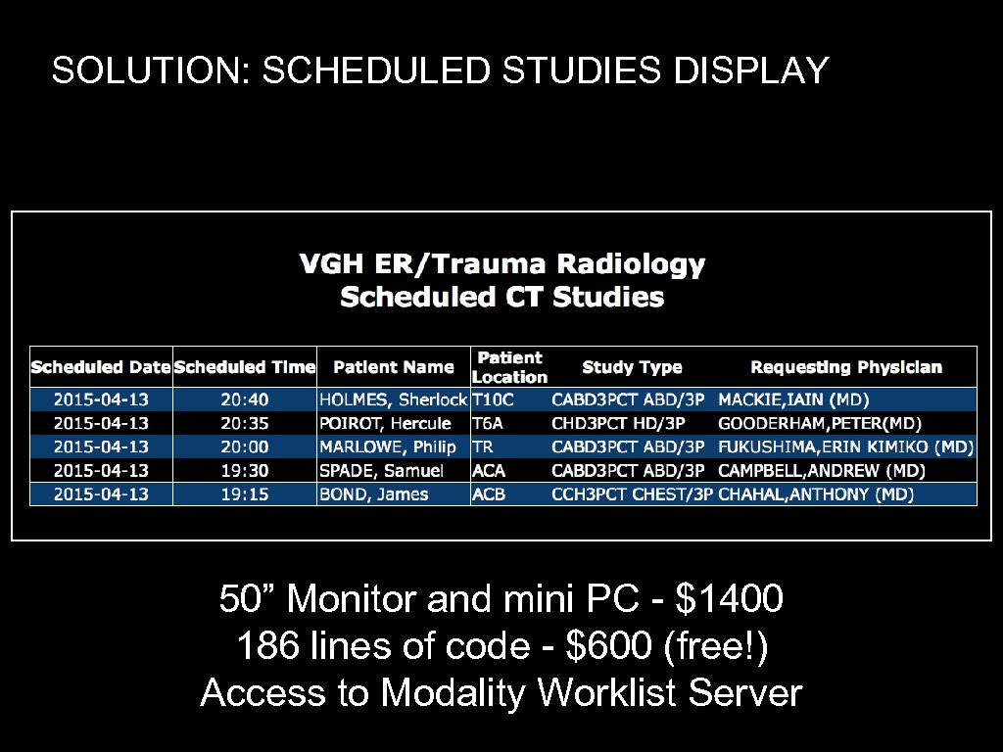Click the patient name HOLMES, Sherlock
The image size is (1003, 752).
pos(393,399)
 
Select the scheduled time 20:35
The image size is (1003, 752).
pos(245,423)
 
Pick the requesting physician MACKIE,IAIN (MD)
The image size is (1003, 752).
pos(793,399)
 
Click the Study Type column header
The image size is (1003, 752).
pos(632,367)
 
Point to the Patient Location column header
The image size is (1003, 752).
pos(509,367)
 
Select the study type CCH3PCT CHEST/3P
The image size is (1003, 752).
pos(632,494)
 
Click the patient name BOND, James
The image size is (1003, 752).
pos(374,494)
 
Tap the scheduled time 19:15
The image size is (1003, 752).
pos(245,494)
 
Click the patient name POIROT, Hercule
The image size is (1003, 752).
pos(386,423)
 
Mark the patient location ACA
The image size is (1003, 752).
pos(489,471)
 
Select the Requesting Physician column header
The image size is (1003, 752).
pos(846,367)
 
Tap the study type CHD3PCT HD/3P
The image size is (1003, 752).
pos(619,423)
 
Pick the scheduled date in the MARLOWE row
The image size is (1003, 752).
pos(101,446)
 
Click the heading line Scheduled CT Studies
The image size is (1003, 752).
pos(501,298)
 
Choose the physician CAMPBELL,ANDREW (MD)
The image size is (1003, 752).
pos(822,471)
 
